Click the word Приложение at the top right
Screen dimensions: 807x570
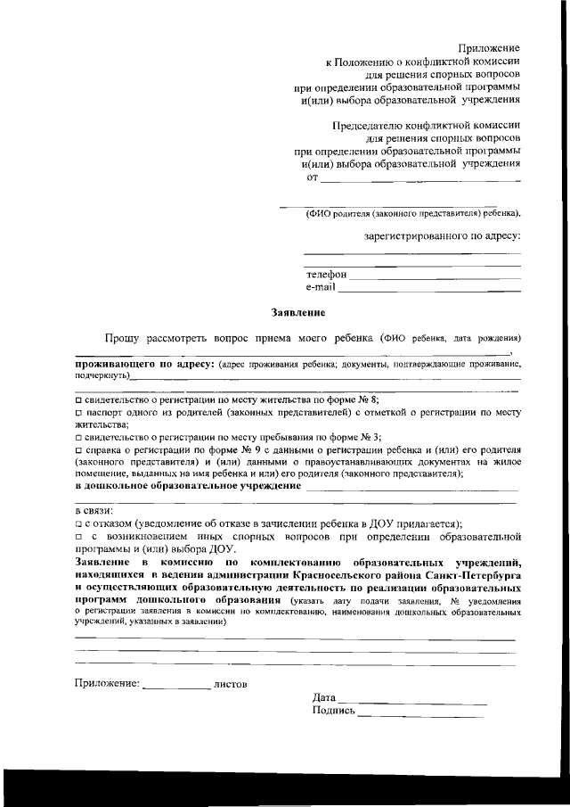coord(489,46)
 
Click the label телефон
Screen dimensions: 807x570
coord(326,276)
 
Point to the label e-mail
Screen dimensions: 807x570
coord(321,288)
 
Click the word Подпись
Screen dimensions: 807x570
coord(334,712)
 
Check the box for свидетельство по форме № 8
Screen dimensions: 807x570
coord(78,400)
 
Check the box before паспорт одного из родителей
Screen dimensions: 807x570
coord(78,414)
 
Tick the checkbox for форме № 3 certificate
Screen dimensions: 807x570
coord(78,438)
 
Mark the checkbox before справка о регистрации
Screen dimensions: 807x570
coord(78,451)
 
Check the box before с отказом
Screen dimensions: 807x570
coord(78,523)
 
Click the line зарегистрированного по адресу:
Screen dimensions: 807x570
coord(443,236)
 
